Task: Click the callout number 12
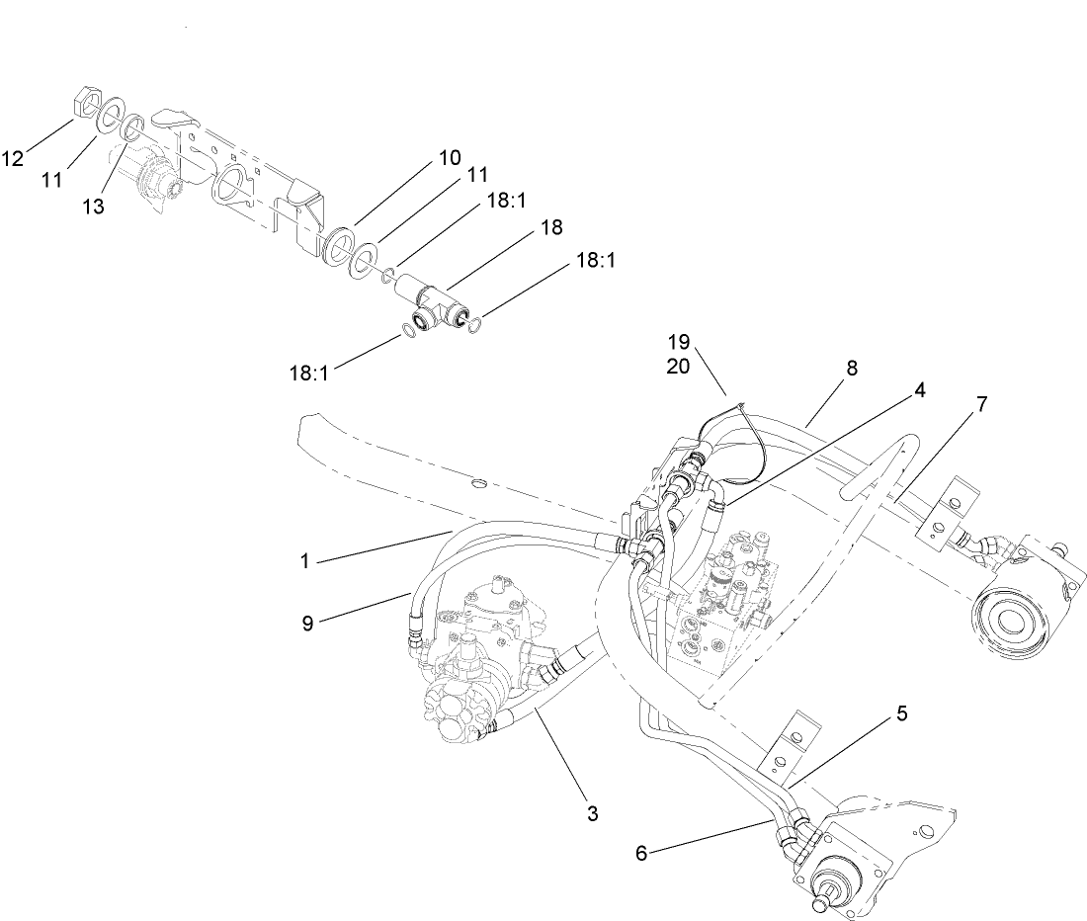[13, 158]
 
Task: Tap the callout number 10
[450, 157]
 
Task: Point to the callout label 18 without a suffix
[551, 228]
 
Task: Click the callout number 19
[678, 342]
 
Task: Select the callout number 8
[852, 368]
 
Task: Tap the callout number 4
[919, 389]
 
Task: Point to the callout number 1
[305, 560]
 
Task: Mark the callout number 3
[592, 814]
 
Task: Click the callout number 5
[901, 713]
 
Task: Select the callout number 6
[641, 852]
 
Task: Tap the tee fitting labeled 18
[436, 299]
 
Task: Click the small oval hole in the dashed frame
[480, 483]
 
